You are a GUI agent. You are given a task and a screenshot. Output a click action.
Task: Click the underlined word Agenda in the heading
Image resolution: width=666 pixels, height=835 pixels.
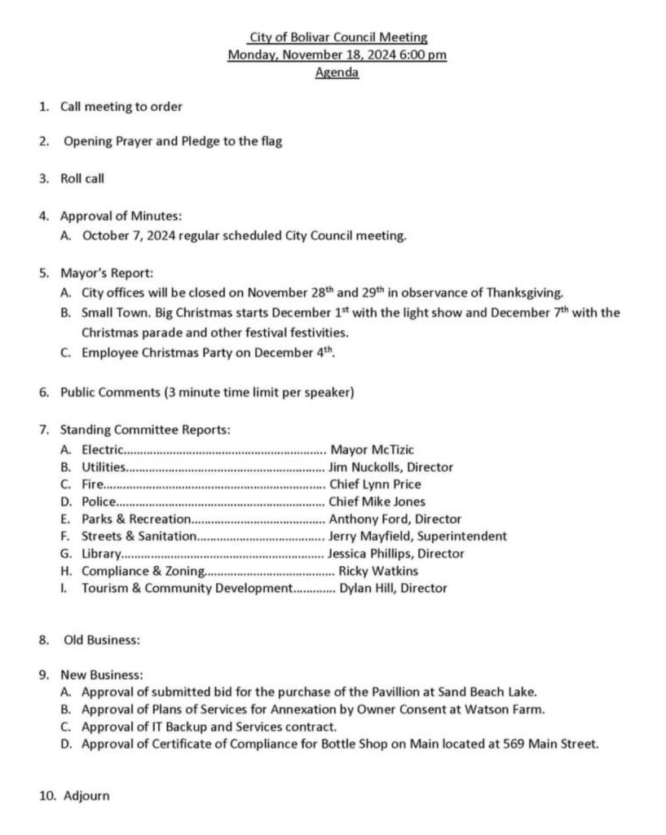click(x=337, y=73)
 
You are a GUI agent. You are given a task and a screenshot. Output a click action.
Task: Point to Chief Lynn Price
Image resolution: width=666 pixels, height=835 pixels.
click(x=374, y=484)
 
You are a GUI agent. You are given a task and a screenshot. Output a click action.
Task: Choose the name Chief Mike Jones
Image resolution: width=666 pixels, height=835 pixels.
click(x=377, y=501)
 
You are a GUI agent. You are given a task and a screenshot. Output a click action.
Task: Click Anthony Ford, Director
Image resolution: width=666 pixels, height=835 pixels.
click(x=395, y=519)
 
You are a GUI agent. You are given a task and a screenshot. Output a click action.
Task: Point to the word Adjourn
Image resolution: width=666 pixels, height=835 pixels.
click(x=86, y=795)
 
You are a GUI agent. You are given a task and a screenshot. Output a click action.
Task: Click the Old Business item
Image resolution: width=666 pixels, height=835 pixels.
click(x=101, y=640)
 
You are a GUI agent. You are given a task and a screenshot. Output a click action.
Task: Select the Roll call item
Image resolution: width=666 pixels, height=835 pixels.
click(x=82, y=178)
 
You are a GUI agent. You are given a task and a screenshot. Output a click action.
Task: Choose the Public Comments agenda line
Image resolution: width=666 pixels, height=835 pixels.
click(x=206, y=392)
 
